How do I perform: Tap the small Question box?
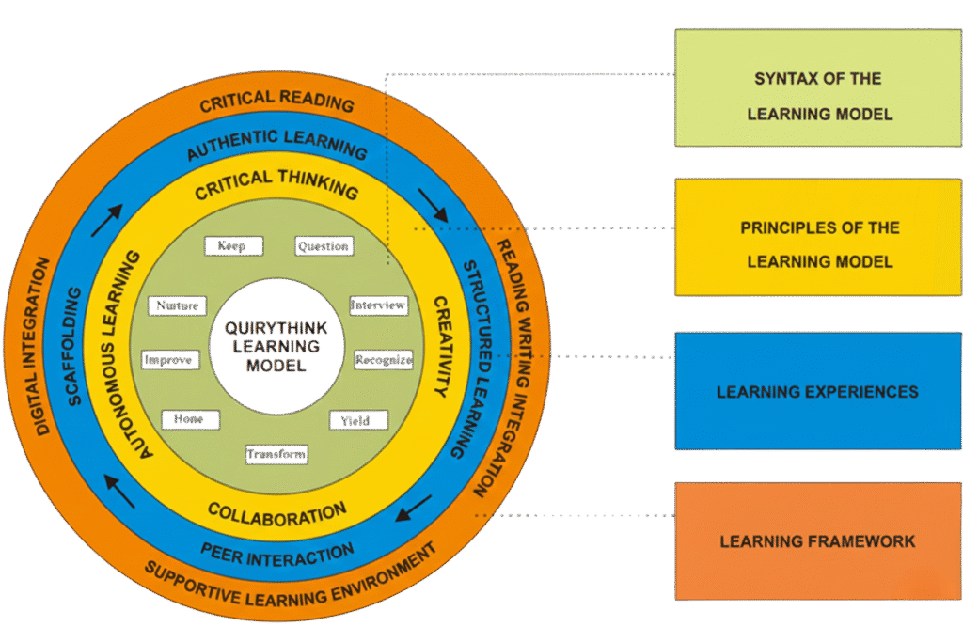click(324, 246)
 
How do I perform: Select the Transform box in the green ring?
click(276, 454)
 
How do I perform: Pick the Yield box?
click(359, 419)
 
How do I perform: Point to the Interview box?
click(379, 305)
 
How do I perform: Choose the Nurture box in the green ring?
click(178, 305)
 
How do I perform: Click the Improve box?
click(170, 360)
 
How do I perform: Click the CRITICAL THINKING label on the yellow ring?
click(276, 184)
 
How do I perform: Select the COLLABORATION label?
click(276, 512)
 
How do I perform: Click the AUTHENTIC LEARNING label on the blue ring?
click(276, 143)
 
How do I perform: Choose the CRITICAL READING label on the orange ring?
click(276, 102)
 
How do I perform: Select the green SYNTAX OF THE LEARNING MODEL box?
click(818, 87)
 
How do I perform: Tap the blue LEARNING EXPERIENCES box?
click(818, 391)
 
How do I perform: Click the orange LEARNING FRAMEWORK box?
click(818, 540)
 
